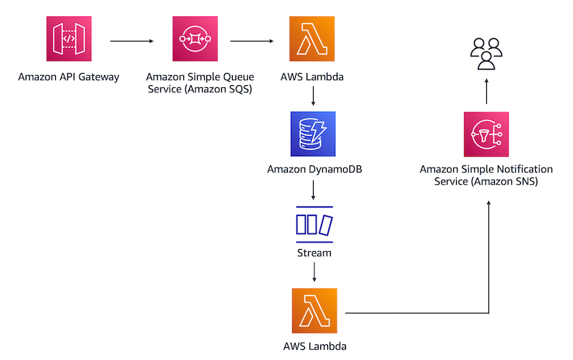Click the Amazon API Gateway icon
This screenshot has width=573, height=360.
tap(69, 41)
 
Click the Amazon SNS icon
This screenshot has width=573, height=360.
tap(486, 134)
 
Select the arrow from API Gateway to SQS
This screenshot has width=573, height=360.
tap(132, 42)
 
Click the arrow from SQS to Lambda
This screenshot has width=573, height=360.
tap(251, 42)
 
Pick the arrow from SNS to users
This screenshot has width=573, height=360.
tap(486, 91)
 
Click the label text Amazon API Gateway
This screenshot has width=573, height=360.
tap(69, 75)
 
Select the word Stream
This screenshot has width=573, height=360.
tap(314, 253)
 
